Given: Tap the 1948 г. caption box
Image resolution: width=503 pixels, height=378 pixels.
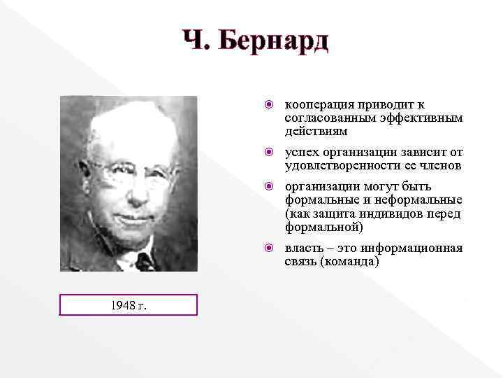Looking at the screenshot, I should (x=129, y=304).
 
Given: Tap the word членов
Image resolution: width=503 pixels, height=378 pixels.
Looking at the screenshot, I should (x=442, y=165).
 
